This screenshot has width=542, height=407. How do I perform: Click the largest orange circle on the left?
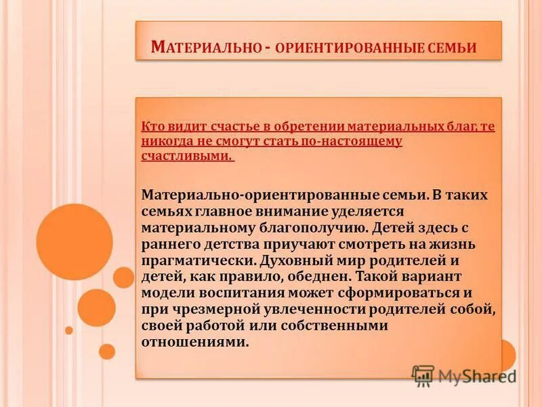pyautogui.click(x=75, y=242)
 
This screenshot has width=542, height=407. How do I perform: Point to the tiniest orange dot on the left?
pyautogui.click(x=69, y=330)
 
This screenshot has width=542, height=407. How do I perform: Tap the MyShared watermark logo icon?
pyautogui.click(x=423, y=375)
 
